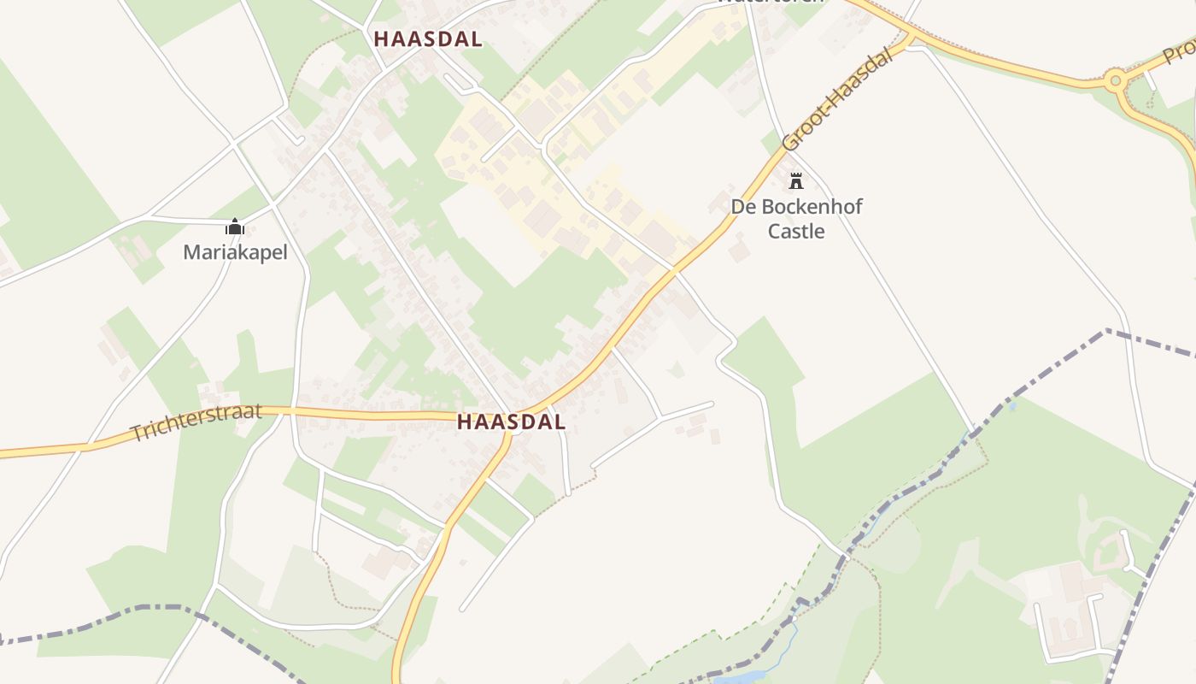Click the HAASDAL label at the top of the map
(x=427, y=39)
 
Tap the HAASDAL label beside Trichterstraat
(x=511, y=422)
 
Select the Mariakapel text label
(x=235, y=252)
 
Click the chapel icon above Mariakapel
(x=235, y=227)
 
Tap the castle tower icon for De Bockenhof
(x=796, y=180)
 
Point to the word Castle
(x=796, y=231)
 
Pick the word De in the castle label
(x=742, y=207)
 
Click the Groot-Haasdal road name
(x=836, y=102)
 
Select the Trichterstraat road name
(x=196, y=422)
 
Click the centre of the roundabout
(x=1113, y=82)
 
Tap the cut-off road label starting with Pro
(x=1179, y=53)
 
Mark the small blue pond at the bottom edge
(x=740, y=677)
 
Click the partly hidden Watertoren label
(x=770, y=3)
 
